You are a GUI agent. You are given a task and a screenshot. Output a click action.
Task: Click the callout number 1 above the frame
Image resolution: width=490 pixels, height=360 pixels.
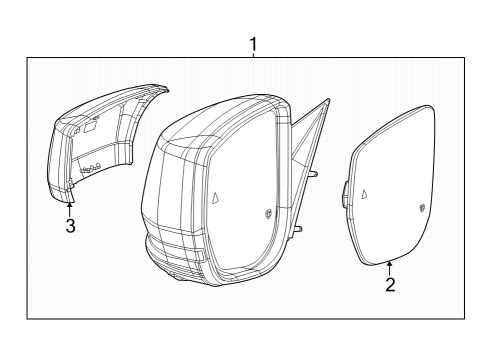pyautogui.click(x=254, y=44)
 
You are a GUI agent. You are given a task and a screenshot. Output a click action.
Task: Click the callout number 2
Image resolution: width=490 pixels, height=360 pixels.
pyautogui.click(x=390, y=285)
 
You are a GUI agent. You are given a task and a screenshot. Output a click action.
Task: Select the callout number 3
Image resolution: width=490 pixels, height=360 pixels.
pyautogui.click(x=70, y=226)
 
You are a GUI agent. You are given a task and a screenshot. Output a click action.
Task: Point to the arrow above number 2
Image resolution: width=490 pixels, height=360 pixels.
pyautogui.click(x=389, y=265)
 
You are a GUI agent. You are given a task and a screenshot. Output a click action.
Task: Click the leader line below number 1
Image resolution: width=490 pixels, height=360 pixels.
pyautogui.click(x=254, y=56)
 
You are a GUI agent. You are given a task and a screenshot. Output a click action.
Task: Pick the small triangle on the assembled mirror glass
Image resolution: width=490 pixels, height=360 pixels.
pyautogui.click(x=216, y=197)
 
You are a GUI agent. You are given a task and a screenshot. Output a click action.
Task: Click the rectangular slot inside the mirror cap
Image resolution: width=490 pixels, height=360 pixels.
pyautogui.click(x=88, y=127)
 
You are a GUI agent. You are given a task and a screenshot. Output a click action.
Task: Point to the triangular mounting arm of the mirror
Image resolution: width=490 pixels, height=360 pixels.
pyautogui.click(x=305, y=135)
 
